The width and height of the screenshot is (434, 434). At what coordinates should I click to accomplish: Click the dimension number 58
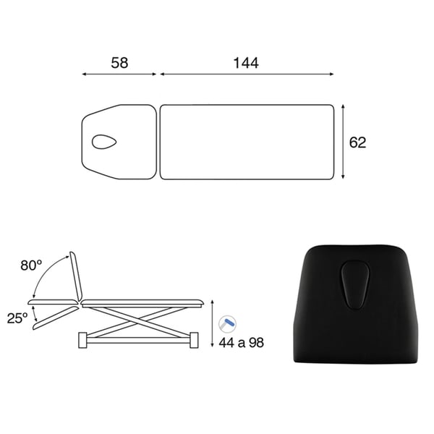pyautogui.click(x=119, y=63)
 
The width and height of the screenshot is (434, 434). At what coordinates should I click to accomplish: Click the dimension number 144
pyautogui.click(x=246, y=63)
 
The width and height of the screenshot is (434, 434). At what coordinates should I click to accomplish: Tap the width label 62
pyautogui.click(x=357, y=142)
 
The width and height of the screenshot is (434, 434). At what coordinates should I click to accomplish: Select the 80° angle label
pyautogui.click(x=31, y=265)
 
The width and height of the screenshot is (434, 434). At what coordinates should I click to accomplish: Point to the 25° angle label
pyautogui.click(x=17, y=318)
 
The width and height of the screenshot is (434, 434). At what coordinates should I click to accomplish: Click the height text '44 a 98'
pyautogui.click(x=241, y=343)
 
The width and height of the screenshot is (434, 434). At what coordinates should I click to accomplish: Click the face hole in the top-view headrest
pyautogui.click(x=104, y=142)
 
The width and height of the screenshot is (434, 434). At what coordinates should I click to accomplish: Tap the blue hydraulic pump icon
pyautogui.click(x=228, y=323)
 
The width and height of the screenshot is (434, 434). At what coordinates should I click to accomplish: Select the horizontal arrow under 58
pyautogui.click(x=119, y=75)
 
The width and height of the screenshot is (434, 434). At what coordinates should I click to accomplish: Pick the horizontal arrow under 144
pyautogui.click(x=247, y=75)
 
